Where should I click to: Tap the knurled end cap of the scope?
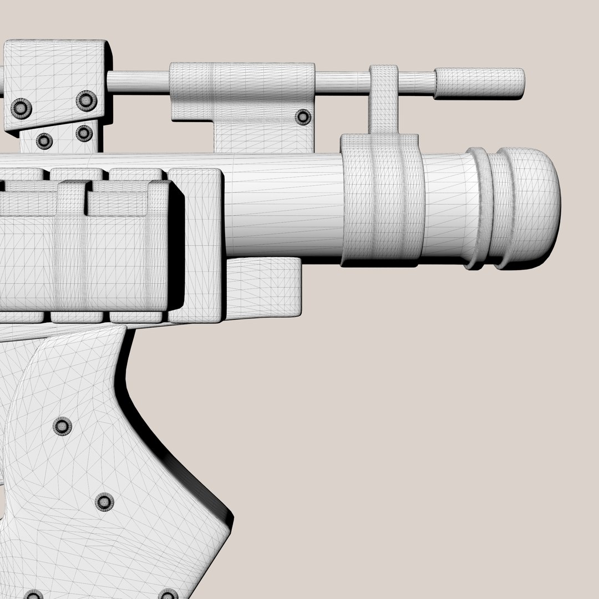(479, 83)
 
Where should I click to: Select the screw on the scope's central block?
(303, 116)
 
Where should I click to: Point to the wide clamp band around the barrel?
(382, 200)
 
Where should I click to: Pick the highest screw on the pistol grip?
(62, 426)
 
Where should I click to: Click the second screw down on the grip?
(104, 502)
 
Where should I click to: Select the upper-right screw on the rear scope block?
(87, 100)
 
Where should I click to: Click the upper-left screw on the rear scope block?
(22, 108)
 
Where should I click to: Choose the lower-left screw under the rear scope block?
(44, 141)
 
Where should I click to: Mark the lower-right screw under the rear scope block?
(84, 133)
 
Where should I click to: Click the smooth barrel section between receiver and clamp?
(283, 205)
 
